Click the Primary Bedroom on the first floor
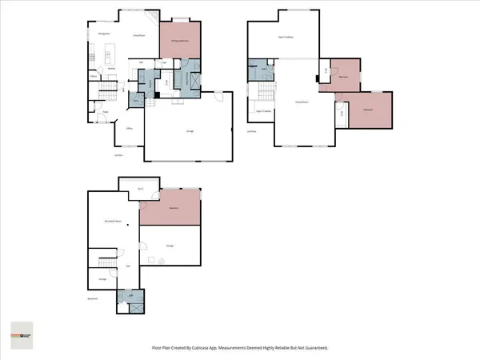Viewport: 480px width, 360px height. (x=179, y=40)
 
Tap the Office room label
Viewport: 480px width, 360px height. (x=129, y=128)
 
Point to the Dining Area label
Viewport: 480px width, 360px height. (x=103, y=34)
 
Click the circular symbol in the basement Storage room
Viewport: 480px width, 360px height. (x=161, y=262)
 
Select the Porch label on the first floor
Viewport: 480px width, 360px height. (x=118, y=154)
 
